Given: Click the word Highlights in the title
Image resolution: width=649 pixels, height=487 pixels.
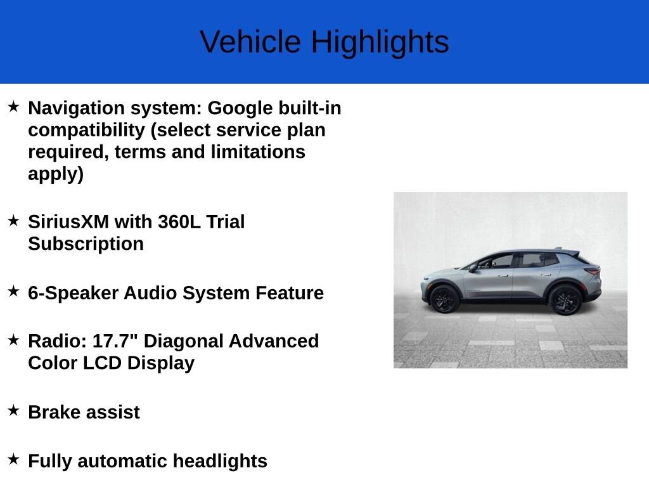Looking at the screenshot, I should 380,42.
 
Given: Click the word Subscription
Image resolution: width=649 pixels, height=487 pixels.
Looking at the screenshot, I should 86,244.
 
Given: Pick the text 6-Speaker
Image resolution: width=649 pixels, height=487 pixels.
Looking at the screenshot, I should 73,293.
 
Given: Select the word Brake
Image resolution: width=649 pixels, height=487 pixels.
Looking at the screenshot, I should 53,412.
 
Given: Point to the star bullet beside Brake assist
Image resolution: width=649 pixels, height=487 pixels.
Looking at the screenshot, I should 13,410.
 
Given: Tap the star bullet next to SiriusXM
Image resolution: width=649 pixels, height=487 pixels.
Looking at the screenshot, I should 13,220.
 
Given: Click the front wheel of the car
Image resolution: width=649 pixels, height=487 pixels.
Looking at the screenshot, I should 444,299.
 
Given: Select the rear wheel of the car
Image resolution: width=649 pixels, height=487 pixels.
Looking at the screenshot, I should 565,299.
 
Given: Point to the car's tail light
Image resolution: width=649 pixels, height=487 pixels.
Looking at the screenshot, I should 593,271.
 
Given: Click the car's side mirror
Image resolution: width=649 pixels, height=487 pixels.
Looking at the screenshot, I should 473,268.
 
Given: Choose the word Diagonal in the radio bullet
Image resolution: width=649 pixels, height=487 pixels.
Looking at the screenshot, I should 186,341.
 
